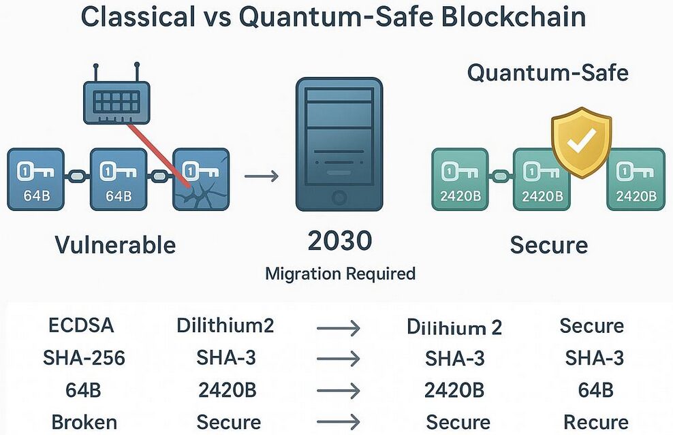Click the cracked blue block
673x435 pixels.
click(x=201, y=179)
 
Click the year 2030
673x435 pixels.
click(x=339, y=241)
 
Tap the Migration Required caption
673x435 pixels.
click(x=340, y=274)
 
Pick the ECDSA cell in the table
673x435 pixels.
click(x=82, y=325)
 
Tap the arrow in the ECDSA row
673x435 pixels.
click(x=339, y=327)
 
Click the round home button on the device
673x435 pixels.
click(x=339, y=198)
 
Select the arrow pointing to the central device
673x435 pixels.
click(x=262, y=177)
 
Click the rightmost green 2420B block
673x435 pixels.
click(x=636, y=179)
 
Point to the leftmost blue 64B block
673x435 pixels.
click(x=35, y=179)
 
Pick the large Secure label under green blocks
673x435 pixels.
click(x=548, y=244)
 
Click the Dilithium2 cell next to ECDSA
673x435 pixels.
click(x=225, y=325)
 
